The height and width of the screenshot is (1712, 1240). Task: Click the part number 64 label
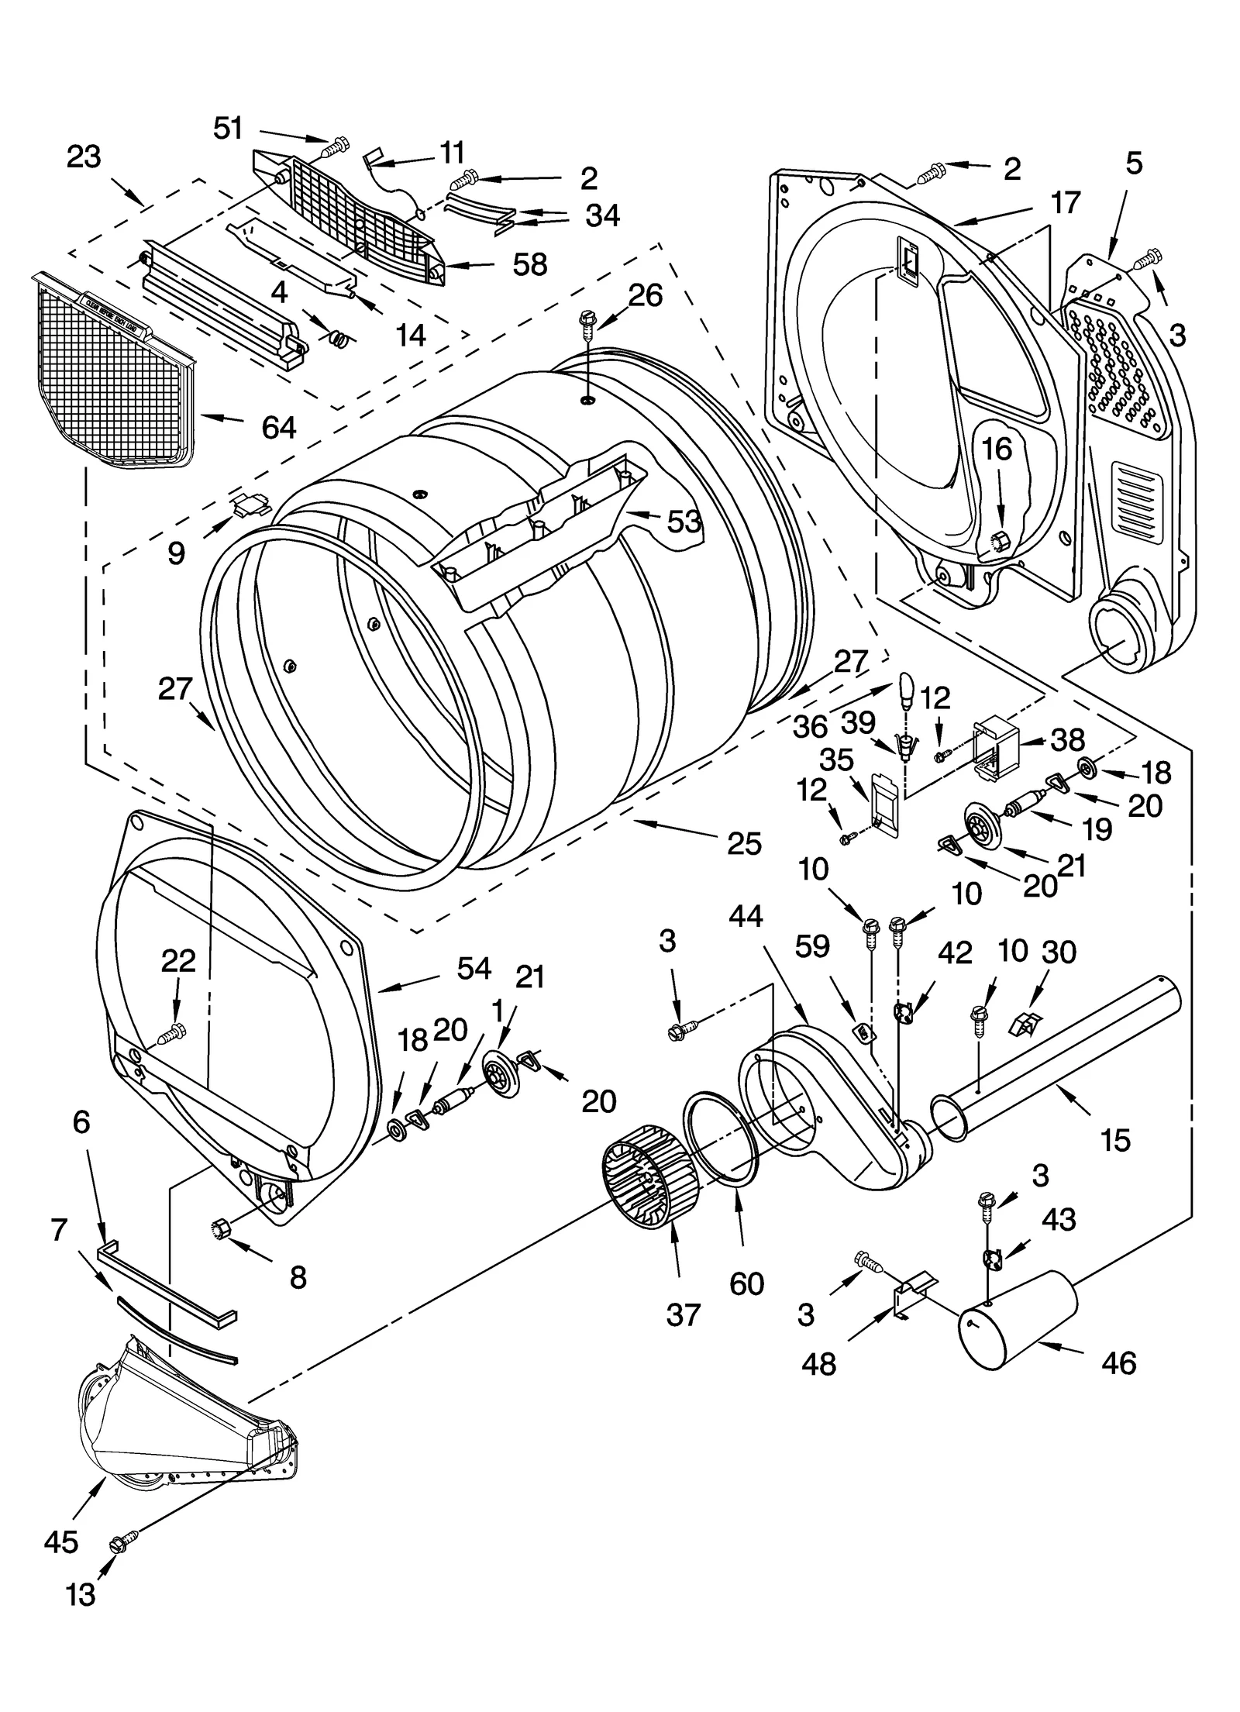278,427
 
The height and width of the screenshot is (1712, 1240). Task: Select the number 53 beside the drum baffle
684,522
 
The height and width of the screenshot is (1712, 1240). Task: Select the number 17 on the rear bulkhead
1065,202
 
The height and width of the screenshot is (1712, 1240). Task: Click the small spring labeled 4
339,338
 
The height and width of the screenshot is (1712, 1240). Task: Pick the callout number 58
530,265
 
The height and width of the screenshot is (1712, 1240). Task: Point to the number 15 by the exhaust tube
1115,1140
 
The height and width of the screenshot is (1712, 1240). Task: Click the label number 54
474,968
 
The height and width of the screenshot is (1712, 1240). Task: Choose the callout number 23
84,157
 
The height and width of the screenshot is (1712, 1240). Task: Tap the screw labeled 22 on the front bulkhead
173,1032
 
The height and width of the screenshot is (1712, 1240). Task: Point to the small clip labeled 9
250,505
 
